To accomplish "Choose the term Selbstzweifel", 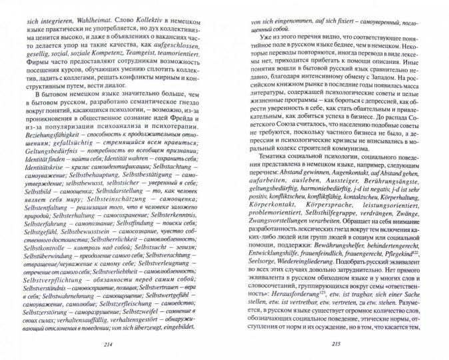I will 164,319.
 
